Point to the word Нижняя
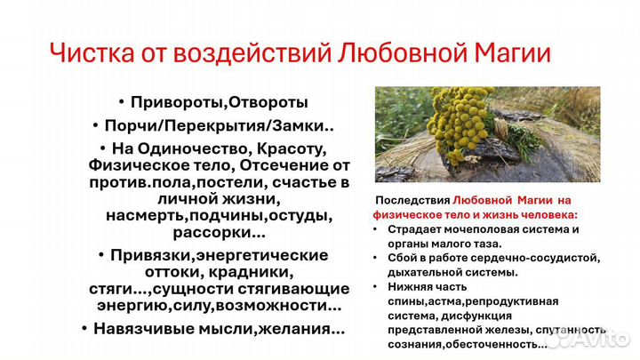[412, 286]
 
